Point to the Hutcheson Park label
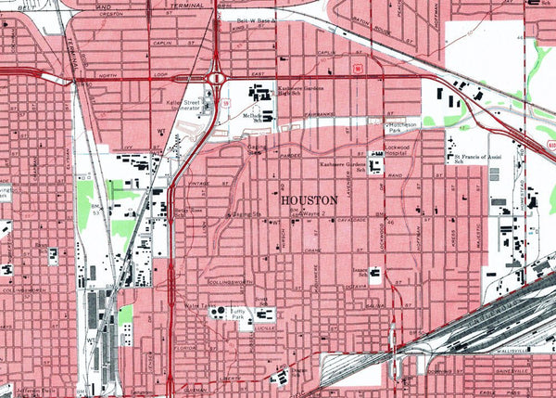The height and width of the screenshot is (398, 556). tap(407, 125)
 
